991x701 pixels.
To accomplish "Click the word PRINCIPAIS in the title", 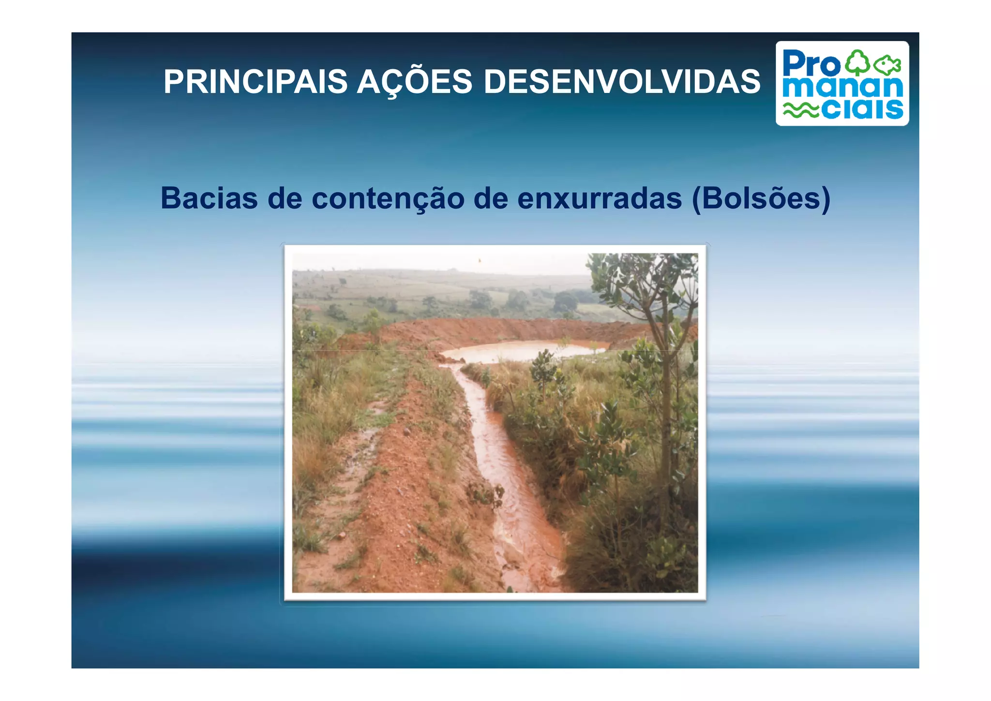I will (x=255, y=81).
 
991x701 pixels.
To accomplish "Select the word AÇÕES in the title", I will (x=414, y=81).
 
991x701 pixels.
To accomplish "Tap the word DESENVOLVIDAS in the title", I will (x=622, y=81).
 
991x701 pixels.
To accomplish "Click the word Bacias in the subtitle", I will (x=209, y=198).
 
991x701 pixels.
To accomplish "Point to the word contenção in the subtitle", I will (x=388, y=198).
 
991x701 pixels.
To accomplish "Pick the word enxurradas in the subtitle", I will (x=599, y=198).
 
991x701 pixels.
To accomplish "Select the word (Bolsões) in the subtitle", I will (x=761, y=198).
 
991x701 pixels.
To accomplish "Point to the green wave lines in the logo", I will (x=801, y=111).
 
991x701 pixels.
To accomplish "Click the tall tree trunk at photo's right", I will (x=667, y=411).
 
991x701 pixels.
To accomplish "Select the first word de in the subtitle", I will (x=285, y=198).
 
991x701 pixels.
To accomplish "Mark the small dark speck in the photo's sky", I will (x=480, y=260).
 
